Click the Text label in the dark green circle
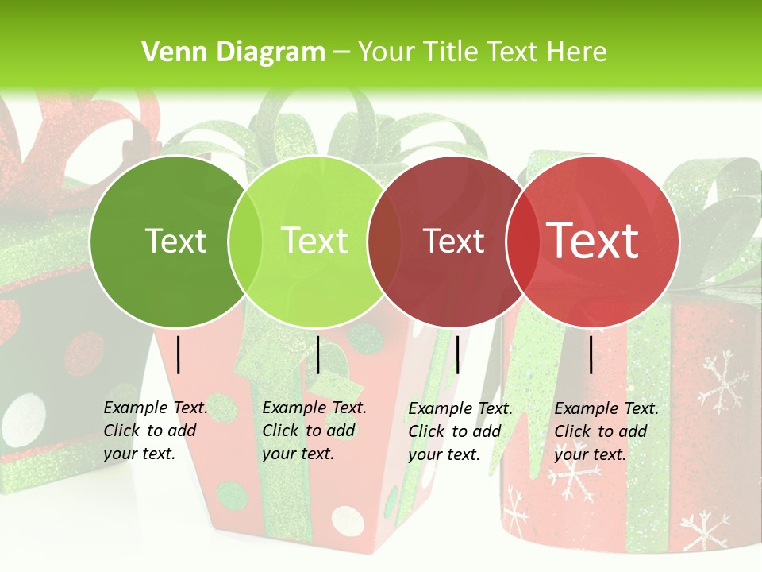[x=175, y=241]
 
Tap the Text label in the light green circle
[x=315, y=241]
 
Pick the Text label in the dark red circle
[x=453, y=242]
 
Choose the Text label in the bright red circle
[x=593, y=241]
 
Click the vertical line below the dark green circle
[x=179, y=354]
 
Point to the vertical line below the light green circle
[x=317, y=354]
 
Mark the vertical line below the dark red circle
[x=457, y=354]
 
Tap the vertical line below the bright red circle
[x=591, y=354]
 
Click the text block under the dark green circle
[x=156, y=431]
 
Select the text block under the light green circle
[x=314, y=431]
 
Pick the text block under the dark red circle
[x=460, y=431]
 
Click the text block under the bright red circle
[x=606, y=431]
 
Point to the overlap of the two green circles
[x=245, y=242]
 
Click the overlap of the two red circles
[x=523, y=242]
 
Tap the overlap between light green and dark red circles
[x=384, y=242]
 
